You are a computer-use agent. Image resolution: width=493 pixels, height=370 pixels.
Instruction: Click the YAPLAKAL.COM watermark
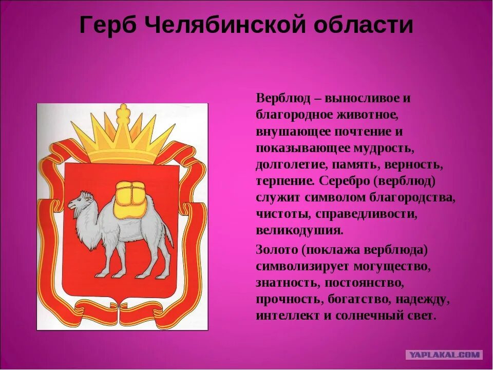click(444, 355)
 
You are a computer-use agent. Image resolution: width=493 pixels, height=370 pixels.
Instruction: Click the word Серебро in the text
click(342, 181)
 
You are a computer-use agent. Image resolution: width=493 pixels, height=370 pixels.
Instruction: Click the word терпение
click(285, 181)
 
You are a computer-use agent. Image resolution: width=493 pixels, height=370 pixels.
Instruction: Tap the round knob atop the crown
click(123, 109)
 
